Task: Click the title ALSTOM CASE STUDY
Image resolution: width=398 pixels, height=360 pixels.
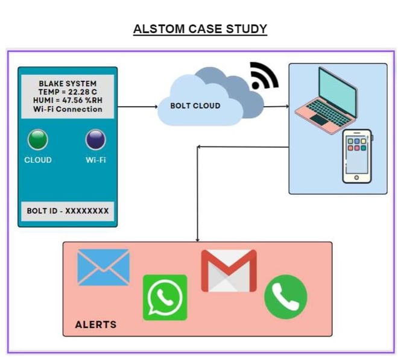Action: pos(200,29)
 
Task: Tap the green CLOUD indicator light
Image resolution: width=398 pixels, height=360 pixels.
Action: pos(37,139)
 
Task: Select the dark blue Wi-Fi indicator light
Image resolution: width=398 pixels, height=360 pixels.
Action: pos(95,139)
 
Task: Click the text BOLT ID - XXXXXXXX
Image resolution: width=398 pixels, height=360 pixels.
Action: pos(68,211)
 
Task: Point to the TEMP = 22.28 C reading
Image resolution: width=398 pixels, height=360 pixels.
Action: pos(68,92)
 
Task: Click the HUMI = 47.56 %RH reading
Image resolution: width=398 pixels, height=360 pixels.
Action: pos(68,101)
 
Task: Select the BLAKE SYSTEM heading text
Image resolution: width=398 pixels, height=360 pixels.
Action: pos(68,83)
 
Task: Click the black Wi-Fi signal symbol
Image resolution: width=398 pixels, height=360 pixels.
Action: pos(264,75)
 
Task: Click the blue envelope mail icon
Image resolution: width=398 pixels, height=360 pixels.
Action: pos(103,267)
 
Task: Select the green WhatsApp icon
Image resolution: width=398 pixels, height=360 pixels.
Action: pos(165,297)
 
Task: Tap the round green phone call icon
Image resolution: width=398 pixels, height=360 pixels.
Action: pos(285,296)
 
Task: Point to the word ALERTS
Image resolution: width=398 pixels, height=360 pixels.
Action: pos(95,324)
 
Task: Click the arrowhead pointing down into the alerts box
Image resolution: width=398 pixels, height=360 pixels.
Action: pos(198,239)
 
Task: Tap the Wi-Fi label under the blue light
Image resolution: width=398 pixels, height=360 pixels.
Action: pos(95,160)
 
